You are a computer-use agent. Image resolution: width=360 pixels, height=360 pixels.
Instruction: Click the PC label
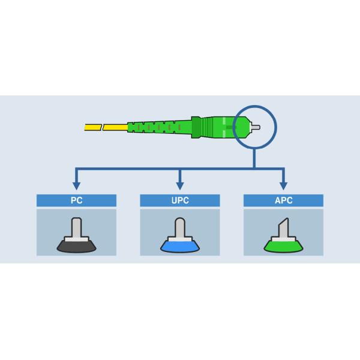coord(76,200)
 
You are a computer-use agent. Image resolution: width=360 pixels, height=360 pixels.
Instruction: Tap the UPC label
coord(179,200)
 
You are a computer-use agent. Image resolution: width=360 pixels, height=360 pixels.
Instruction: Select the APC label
coord(283,200)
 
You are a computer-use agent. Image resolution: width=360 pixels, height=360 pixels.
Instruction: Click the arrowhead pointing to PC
coord(76,185)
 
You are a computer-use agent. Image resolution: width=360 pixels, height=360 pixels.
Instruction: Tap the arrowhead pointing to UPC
coord(179,185)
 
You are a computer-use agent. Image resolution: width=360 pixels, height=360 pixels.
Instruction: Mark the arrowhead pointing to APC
coord(283,185)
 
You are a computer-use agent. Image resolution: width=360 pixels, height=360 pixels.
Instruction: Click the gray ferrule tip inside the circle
coord(256,127)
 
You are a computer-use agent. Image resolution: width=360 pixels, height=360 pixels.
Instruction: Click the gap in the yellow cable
coord(101,127)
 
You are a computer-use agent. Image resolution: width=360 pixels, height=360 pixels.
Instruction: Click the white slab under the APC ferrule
coord(283,239)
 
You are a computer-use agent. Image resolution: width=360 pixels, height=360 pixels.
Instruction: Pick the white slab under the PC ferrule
coord(76,239)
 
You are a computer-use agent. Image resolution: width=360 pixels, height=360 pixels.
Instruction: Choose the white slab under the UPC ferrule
coord(179,239)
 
